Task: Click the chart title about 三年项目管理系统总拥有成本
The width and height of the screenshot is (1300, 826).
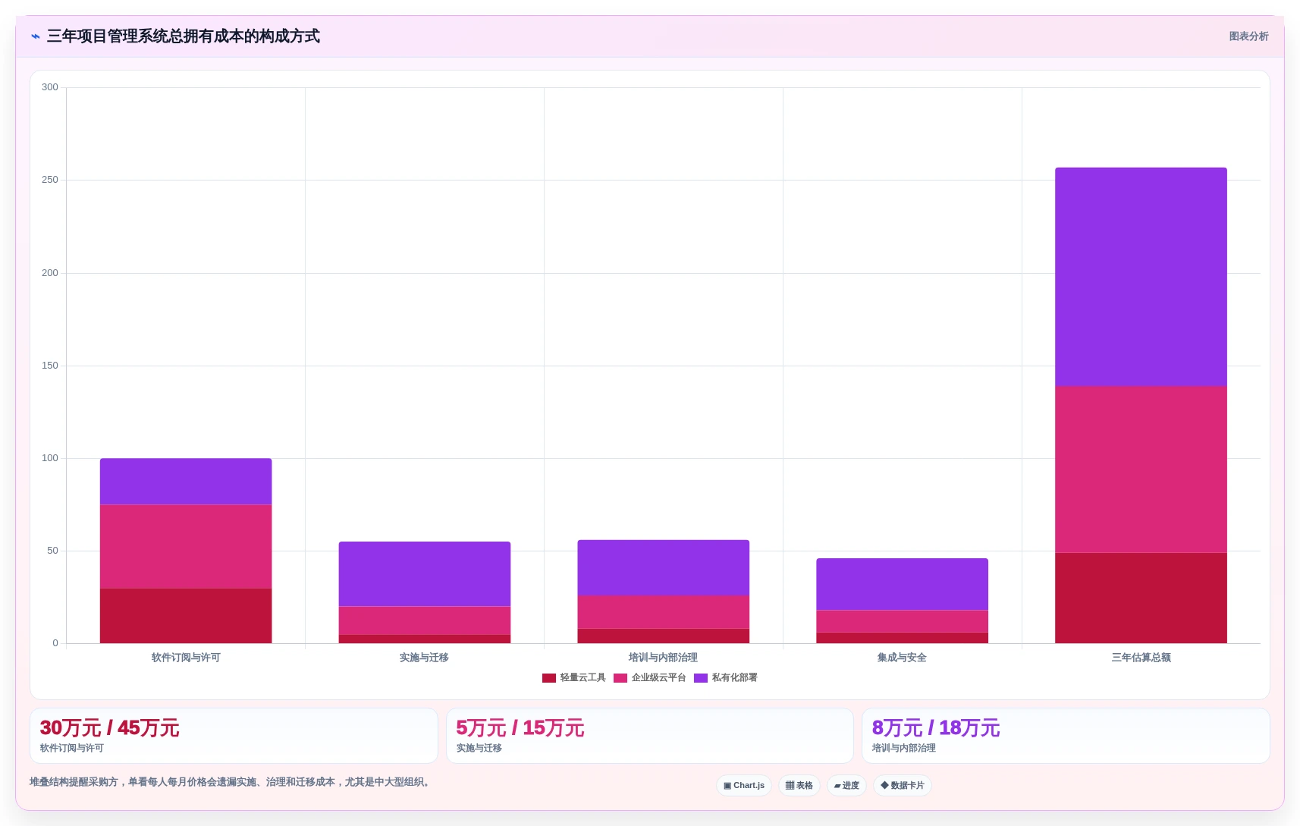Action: (183, 36)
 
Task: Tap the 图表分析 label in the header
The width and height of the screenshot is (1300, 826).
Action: (1248, 36)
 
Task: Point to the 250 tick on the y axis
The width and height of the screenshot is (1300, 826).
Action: (50, 180)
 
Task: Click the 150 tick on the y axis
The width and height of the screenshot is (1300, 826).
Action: (50, 366)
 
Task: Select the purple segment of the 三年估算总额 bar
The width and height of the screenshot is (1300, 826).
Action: (1141, 277)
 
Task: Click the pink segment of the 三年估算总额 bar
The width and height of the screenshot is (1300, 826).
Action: (1141, 470)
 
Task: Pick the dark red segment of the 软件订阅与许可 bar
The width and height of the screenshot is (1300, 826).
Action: (186, 616)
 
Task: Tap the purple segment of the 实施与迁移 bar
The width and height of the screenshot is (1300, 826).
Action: (424, 574)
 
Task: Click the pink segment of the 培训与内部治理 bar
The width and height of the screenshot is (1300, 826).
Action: (664, 612)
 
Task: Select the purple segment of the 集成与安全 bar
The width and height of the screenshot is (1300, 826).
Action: (902, 585)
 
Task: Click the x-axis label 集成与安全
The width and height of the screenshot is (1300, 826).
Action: (902, 658)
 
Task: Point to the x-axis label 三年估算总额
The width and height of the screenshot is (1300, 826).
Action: (1141, 658)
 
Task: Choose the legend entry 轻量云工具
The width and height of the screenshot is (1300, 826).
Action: (574, 677)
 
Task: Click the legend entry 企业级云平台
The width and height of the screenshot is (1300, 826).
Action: (650, 677)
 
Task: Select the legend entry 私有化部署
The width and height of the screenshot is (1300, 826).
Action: (726, 677)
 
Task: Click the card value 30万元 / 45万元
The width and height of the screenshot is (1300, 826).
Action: (110, 728)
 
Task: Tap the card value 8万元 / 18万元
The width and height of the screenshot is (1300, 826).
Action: (935, 728)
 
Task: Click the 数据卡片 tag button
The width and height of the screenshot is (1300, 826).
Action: (903, 785)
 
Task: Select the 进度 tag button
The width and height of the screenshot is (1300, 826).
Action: (846, 785)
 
